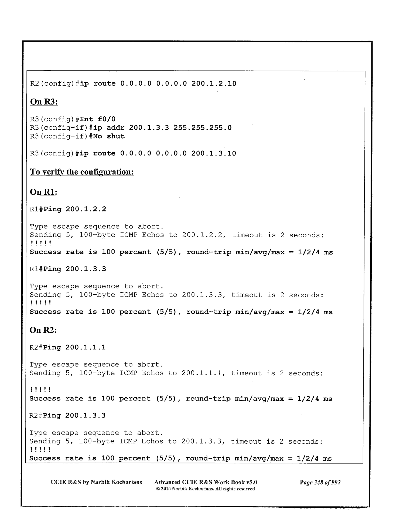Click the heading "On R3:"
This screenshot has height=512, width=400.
(44, 102)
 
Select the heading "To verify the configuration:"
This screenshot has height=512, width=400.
(82, 172)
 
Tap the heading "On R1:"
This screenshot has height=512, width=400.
(44, 192)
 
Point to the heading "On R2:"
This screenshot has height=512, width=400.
(43, 330)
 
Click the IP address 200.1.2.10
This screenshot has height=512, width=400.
(214, 84)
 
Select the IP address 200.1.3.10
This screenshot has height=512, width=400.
(214, 154)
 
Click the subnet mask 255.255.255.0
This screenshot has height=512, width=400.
(202, 127)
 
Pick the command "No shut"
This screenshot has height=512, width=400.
(109, 136)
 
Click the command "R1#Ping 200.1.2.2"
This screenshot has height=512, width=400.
(68, 209)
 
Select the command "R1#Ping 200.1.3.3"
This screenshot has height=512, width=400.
(68, 269)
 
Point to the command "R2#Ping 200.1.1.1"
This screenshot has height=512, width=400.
(67, 348)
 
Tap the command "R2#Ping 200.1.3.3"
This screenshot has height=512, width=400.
(67, 416)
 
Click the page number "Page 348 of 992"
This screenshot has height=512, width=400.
(320, 482)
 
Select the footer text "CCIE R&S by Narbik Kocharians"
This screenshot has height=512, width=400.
(96, 482)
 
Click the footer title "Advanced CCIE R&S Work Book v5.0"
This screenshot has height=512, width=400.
(206, 482)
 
